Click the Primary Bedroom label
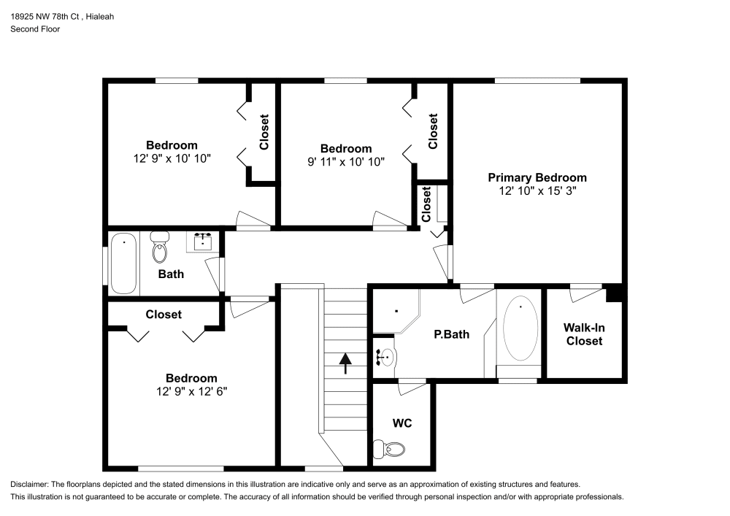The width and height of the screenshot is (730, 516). [537, 177]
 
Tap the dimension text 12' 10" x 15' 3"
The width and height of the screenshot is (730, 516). [537, 190]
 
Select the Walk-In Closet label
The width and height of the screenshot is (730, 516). [584, 334]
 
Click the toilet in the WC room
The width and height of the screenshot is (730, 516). [389, 448]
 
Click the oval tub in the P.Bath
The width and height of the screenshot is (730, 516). [520, 328]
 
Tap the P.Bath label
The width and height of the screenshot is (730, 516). [451, 335]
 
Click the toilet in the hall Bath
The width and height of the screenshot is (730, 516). [159, 248]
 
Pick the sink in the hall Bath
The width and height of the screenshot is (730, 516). [203, 241]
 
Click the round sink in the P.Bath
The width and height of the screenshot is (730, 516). [386, 358]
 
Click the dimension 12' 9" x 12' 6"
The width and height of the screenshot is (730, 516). [191, 391]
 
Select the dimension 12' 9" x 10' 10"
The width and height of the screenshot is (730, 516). [173, 158]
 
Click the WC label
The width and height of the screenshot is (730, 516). [402, 423]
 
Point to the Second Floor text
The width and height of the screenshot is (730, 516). [35, 29]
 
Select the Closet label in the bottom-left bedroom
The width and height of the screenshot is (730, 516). [164, 315]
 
